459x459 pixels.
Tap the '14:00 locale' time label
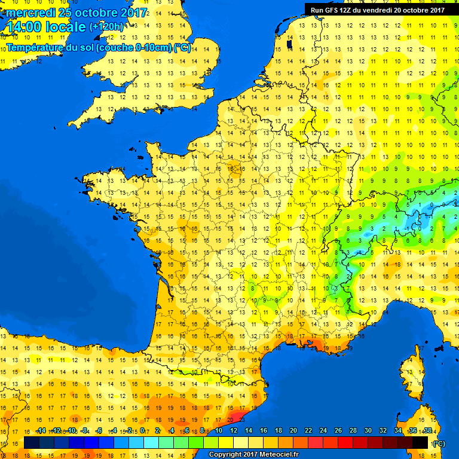coord(46,27)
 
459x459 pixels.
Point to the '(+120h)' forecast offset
coord(106,27)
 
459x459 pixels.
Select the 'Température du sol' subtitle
coord(98,48)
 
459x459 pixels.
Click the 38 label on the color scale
coord(427,430)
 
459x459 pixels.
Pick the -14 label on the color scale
coord(41,430)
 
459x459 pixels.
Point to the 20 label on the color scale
coord(293,430)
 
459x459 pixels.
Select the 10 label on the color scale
coord(219,430)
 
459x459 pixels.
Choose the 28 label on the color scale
coord(353,430)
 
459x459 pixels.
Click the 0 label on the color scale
coord(144,430)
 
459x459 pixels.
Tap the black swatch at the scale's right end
coord(420,442)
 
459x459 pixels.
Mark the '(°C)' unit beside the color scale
coord(439,443)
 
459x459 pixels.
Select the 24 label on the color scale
coord(323,430)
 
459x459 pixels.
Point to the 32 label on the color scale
coord(382,430)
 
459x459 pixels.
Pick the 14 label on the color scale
coord(249,430)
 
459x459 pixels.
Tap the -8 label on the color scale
coord(85,430)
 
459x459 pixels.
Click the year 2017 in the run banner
coord(436,10)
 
